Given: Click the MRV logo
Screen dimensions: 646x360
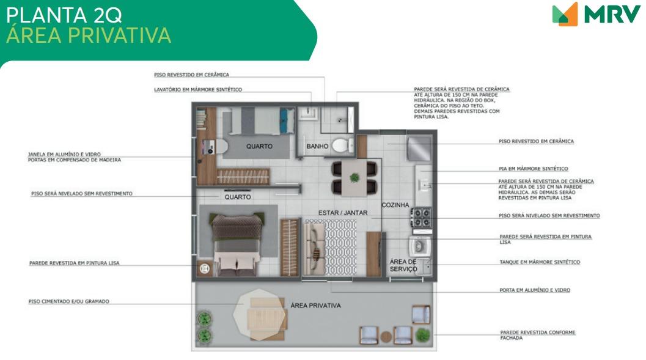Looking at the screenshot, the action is coord(596,14).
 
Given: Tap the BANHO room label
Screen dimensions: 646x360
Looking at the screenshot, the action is coord(317,146).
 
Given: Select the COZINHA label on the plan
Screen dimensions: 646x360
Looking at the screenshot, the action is coord(395,205).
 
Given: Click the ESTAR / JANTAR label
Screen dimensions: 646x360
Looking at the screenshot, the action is coord(343,213).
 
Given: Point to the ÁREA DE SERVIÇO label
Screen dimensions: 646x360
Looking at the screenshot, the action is coord(403,265).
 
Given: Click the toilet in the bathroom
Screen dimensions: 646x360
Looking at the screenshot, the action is coord(343,145).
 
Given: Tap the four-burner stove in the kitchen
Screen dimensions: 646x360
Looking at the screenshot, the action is coord(421,218).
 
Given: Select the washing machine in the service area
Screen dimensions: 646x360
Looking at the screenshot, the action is coord(420,246).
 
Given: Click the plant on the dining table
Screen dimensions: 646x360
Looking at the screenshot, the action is coord(354,178).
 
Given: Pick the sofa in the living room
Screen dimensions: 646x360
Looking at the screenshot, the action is coord(314,248).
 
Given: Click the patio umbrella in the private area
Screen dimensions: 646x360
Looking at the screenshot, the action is coord(259,315).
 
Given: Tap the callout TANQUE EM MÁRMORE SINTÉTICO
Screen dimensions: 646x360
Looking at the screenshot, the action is coord(540,262).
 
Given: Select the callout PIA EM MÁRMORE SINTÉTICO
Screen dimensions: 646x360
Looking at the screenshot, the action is coord(533,169).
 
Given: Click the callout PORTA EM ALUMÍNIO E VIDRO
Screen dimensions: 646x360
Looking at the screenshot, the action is coord(535,290).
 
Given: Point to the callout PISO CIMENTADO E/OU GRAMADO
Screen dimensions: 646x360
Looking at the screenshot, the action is coord(69,301).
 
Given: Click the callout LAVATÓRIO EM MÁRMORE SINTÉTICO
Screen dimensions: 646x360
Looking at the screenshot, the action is coord(198,89).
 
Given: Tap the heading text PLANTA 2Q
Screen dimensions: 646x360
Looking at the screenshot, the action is coord(64,15).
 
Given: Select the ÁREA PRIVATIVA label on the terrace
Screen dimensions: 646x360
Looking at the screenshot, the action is coord(315,306).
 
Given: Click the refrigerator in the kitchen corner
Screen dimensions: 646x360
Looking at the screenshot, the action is coord(419,149).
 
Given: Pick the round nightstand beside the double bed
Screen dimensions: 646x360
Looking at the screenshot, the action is coord(205,269).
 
